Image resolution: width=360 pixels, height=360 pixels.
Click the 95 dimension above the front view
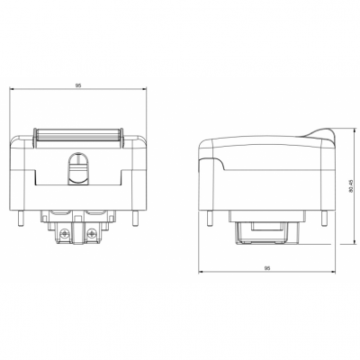tap(78, 85)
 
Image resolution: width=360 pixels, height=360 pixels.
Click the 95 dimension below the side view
tap(267, 267)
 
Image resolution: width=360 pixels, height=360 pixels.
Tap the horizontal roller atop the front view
tap(78, 137)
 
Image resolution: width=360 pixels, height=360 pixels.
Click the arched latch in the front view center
tap(78, 166)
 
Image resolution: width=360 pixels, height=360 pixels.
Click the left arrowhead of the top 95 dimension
tap(12, 90)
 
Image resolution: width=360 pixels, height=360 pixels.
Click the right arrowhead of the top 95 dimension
tap(145, 90)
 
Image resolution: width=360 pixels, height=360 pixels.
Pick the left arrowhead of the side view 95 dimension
tap(200, 273)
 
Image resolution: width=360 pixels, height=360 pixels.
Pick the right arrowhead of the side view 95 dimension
tap(334, 273)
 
